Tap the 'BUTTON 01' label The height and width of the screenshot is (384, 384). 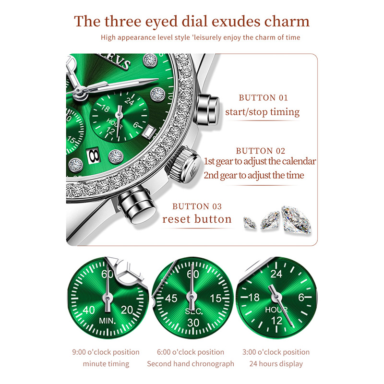click(263, 98)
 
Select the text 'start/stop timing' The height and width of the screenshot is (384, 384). click(262, 112)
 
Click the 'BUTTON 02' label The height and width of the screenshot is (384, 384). click(261, 151)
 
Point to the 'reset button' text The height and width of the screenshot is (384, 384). click(197, 219)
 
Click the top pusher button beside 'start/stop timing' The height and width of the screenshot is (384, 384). click(208, 109)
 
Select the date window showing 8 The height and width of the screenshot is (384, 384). click(93, 155)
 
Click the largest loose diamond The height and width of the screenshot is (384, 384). click(296, 220)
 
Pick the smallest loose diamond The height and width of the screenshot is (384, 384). click(250, 223)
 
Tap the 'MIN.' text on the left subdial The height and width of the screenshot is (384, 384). click(107, 321)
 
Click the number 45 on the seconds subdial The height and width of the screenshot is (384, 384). click(171, 298)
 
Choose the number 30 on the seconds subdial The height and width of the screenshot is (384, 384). click(193, 323)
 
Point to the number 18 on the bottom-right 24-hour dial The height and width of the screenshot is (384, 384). click(254, 297)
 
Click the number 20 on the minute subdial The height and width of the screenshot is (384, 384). click(127, 310)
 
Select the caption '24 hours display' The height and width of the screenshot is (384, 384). click(276, 364)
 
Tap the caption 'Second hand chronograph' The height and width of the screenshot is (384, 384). click(191, 364)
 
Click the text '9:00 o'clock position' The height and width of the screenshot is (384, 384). click(106, 352)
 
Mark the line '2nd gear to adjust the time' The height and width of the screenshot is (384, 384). click(254, 175)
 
